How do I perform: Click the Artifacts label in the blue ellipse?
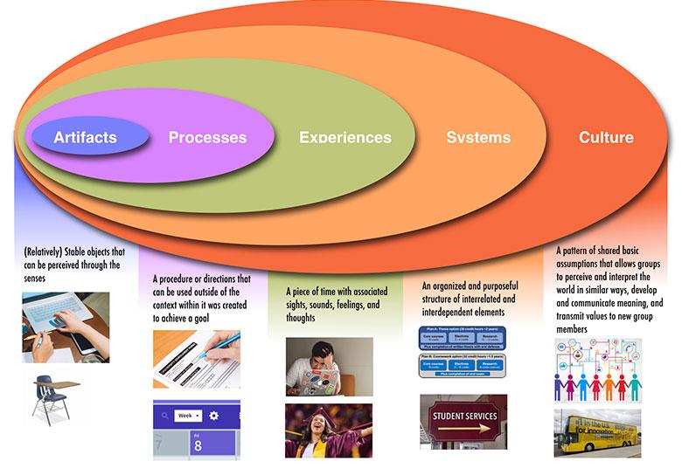pos(85,138)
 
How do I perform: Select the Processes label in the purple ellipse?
pos(207,138)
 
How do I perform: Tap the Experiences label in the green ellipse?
pos(344,138)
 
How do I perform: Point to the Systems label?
pos(478,138)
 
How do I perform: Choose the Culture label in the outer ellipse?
pos(606,138)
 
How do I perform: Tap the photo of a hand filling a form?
pos(196,359)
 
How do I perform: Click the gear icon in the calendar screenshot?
pos(213,415)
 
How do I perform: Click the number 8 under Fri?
pos(198,444)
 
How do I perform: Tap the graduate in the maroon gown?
pos(329,430)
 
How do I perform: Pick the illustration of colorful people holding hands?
pos(597,370)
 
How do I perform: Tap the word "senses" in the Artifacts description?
pos(40,277)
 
